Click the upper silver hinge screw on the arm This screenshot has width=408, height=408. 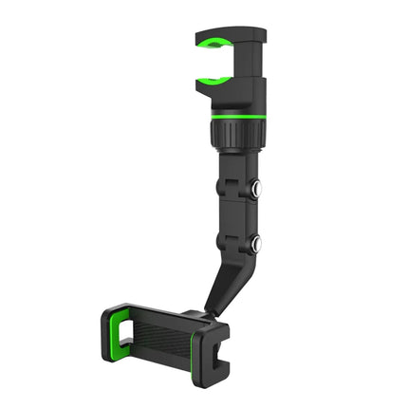(x=256, y=189)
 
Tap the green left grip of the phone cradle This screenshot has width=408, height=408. (x=120, y=332)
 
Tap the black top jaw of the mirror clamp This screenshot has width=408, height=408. (x=228, y=28)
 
